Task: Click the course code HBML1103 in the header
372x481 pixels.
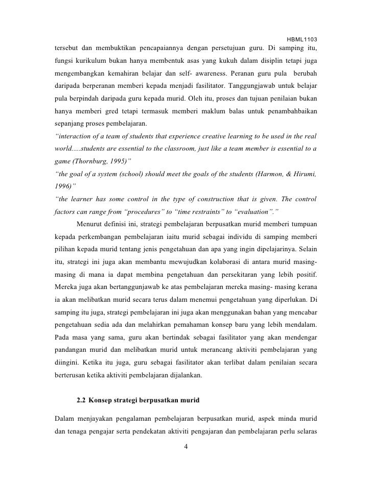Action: [302, 39]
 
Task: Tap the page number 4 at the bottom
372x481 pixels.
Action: [186, 447]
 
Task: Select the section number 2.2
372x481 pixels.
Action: [82, 400]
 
